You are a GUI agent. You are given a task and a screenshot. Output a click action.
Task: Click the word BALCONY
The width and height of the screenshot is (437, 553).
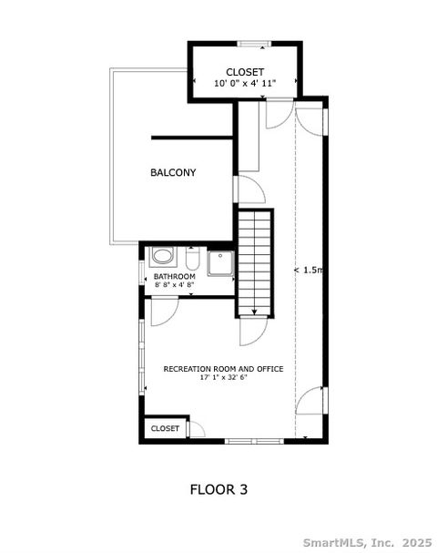(173, 172)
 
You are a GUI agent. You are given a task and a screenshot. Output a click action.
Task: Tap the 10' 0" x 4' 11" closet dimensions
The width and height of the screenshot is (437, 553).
(245, 84)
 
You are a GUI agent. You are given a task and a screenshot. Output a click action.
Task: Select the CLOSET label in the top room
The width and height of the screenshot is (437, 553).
(245, 72)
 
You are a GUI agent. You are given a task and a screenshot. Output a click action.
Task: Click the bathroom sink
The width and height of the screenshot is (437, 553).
(163, 256)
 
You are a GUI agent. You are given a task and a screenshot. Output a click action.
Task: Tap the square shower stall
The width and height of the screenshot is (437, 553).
(220, 263)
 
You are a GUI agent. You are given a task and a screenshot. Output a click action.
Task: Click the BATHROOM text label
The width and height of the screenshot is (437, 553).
(174, 276)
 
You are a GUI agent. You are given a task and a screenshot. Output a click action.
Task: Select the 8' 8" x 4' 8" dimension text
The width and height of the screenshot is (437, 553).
(174, 285)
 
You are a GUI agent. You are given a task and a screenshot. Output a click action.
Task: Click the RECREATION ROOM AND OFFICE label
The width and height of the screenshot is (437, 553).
(223, 369)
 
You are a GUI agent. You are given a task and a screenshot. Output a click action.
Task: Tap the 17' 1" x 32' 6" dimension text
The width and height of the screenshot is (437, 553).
(223, 378)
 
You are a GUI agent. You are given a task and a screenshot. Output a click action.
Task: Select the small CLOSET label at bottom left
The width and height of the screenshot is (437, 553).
(165, 427)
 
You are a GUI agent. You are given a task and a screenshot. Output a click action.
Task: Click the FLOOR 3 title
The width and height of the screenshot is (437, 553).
(218, 489)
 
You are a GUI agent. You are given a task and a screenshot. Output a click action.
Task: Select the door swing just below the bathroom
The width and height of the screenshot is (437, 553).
(165, 312)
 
